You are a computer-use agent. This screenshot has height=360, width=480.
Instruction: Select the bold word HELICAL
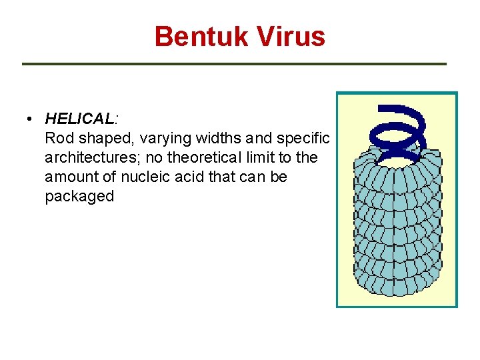click(79, 119)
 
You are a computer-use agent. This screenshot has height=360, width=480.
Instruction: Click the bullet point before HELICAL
click(31, 120)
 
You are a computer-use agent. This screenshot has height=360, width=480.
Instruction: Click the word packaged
click(79, 197)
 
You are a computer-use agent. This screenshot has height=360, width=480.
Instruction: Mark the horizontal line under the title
click(234, 64)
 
